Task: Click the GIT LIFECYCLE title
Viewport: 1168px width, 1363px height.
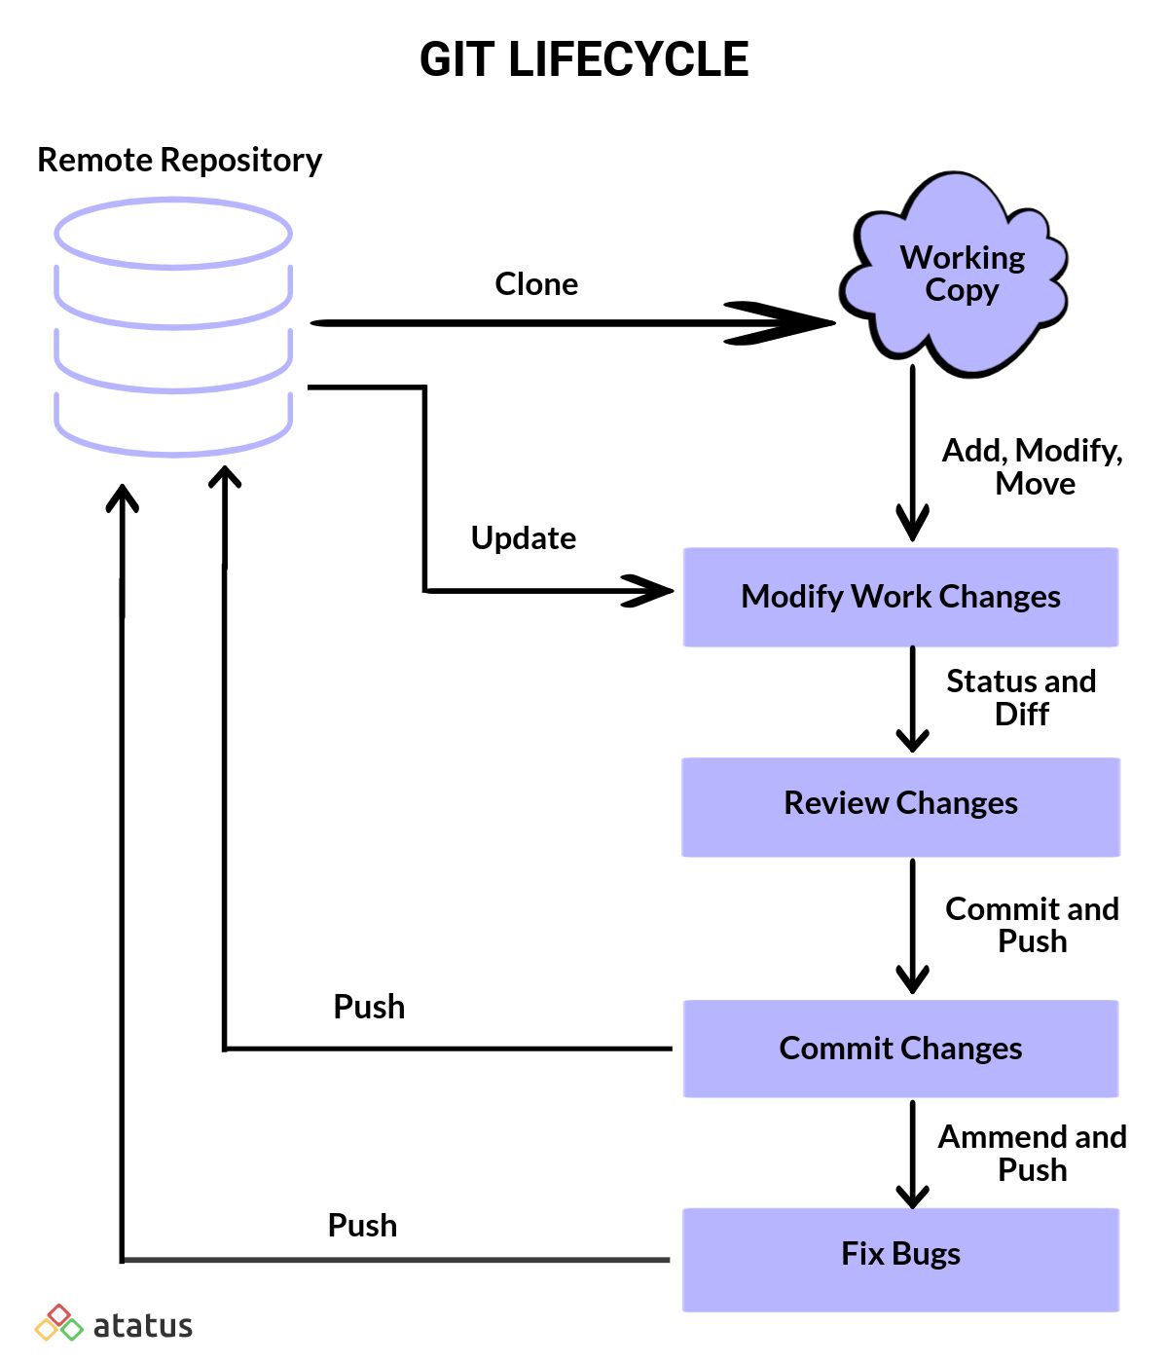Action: (584, 59)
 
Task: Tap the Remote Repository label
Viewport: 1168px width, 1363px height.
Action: (179, 161)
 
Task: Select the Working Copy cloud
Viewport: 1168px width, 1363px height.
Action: (953, 274)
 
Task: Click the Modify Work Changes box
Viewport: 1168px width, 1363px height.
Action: (900, 597)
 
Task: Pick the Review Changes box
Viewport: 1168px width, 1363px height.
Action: (900, 807)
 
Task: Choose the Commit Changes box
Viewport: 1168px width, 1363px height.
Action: (900, 1050)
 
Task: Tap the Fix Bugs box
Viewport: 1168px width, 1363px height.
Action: (900, 1260)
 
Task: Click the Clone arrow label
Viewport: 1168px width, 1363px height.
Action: (536, 284)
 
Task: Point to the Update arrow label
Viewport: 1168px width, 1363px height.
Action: (524, 538)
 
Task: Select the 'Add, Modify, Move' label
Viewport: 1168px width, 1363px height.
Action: (1032, 466)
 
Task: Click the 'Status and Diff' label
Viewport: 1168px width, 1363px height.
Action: (1021, 697)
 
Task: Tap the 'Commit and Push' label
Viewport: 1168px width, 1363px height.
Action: (1032, 925)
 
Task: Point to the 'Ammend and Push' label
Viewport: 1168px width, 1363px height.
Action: (1032, 1154)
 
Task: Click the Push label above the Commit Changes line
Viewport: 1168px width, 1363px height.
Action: (369, 1008)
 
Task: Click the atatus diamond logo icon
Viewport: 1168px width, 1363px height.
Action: (58, 1323)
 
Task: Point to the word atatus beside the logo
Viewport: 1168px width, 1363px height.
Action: (143, 1326)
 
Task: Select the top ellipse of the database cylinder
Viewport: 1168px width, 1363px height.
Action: (173, 234)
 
